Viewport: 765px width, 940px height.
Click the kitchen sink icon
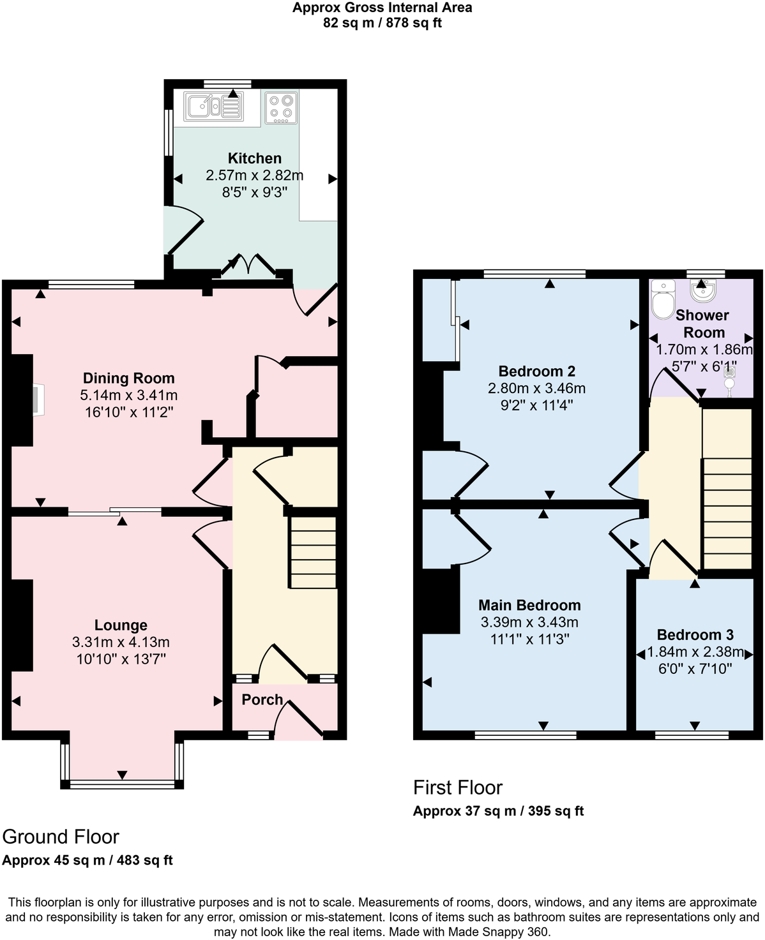(213, 107)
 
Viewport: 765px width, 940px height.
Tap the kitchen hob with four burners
(281, 108)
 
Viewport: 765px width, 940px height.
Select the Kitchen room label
(255, 158)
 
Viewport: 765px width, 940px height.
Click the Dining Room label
(128, 378)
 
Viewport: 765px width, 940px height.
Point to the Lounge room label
(121, 625)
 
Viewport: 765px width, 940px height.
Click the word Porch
(262, 699)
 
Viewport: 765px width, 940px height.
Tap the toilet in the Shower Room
(663, 299)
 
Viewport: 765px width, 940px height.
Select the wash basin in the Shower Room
(704, 292)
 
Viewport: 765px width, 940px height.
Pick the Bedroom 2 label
(536, 371)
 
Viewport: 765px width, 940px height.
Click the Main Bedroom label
(529, 605)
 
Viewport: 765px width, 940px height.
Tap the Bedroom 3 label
(695, 635)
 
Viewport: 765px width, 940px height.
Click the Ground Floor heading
(61, 837)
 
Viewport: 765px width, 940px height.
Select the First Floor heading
(458, 787)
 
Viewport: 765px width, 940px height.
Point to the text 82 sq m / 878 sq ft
(382, 24)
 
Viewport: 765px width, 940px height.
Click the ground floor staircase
(313, 553)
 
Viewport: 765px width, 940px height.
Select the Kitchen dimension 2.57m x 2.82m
(254, 175)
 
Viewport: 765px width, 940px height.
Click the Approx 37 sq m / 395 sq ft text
(498, 811)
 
